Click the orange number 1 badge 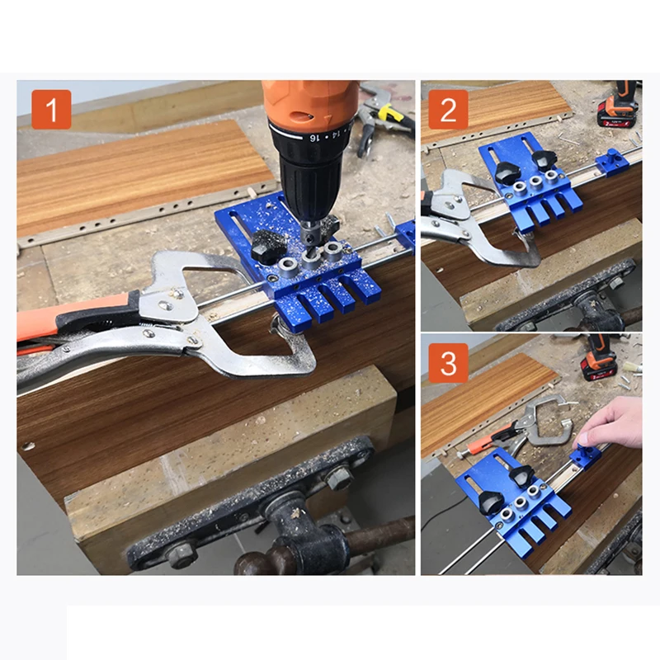(51, 110)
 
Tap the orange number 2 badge (448, 110)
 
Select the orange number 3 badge (448, 363)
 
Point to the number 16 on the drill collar (313, 137)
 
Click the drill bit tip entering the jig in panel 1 (310, 252)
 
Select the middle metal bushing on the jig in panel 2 (535, 181)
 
